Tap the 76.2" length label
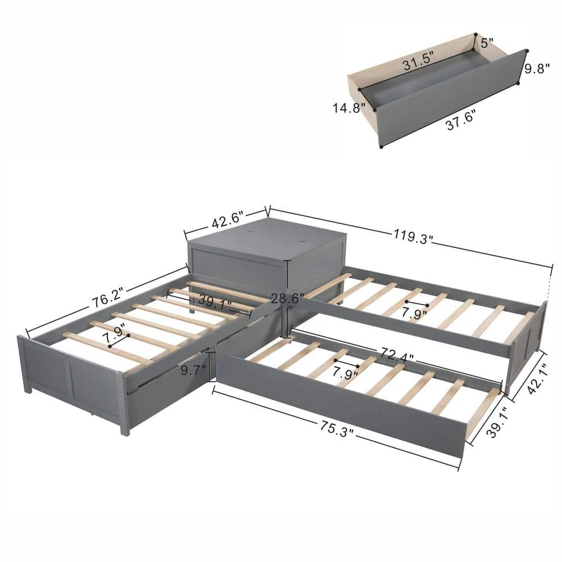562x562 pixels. [106, 294]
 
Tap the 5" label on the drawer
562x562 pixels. [485, 42]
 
